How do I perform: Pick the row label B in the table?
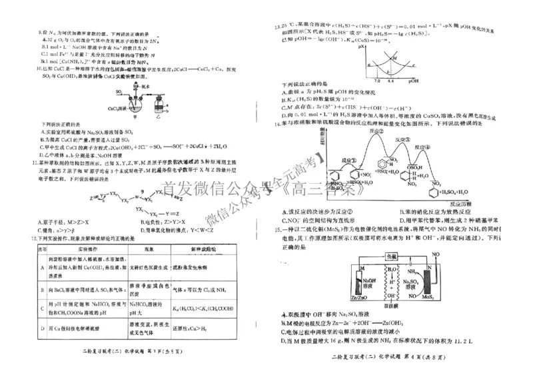[40, 290]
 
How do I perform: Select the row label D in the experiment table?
[40, 328]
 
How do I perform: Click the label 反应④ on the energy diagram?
[442, 147]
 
